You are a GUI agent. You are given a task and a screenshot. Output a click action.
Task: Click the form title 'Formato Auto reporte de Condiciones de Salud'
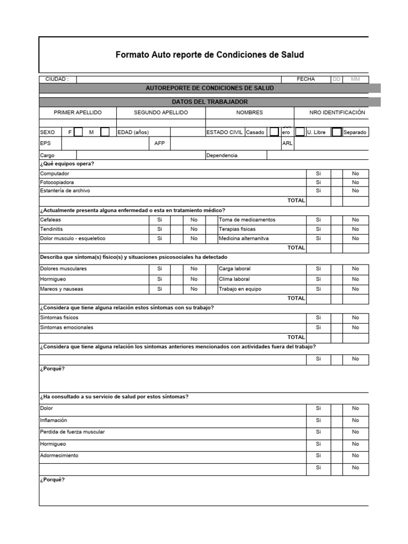click(210, 55)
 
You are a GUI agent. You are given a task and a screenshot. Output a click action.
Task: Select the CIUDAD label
click(57, 79)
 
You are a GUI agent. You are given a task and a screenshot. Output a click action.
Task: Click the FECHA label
click(305, 79)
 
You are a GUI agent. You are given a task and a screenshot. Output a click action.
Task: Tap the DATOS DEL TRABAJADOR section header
click(210, 101)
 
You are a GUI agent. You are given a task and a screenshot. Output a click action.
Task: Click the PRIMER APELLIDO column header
click(78, 113)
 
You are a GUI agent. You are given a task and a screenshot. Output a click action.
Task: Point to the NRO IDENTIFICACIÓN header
click(337, 113)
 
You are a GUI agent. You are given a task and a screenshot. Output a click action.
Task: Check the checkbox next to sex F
click(78, 132)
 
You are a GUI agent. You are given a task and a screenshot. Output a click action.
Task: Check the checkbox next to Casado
click(274, 132)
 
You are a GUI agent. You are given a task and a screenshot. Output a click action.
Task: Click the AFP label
click(159, 143)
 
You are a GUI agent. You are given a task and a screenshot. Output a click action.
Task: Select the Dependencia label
click(222, 156)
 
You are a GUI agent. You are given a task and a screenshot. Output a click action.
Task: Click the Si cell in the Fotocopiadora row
click(319, 182)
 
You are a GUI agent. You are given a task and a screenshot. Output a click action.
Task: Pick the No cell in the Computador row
click(355, 174)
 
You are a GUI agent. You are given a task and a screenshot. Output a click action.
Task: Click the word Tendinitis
click(51, 229)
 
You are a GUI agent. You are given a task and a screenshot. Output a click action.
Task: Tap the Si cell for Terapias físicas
click(319, 229)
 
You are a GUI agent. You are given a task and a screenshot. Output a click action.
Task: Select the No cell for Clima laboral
click(355, 279)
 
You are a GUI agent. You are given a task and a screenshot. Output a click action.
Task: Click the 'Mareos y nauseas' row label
click(62, 289)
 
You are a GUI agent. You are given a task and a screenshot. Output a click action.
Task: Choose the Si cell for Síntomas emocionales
click(319, 327)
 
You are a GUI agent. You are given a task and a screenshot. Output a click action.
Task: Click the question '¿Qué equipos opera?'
click(67, 164)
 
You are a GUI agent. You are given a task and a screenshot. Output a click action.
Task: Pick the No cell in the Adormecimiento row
click(355, 456)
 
